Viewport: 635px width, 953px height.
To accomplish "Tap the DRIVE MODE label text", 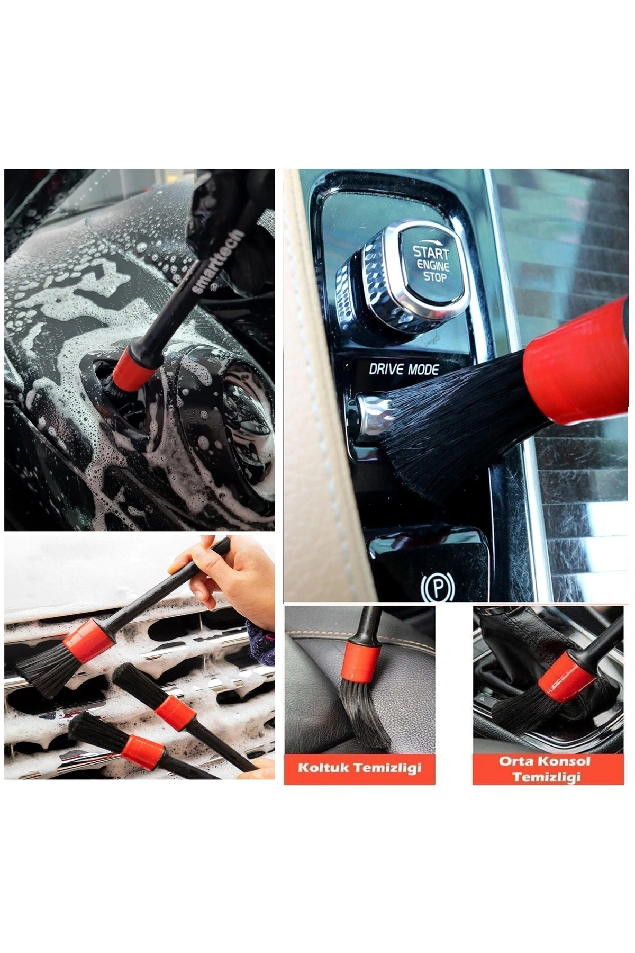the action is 404,369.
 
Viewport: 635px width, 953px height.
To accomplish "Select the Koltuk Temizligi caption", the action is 359,768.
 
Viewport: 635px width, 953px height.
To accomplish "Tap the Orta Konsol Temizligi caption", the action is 547,769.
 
